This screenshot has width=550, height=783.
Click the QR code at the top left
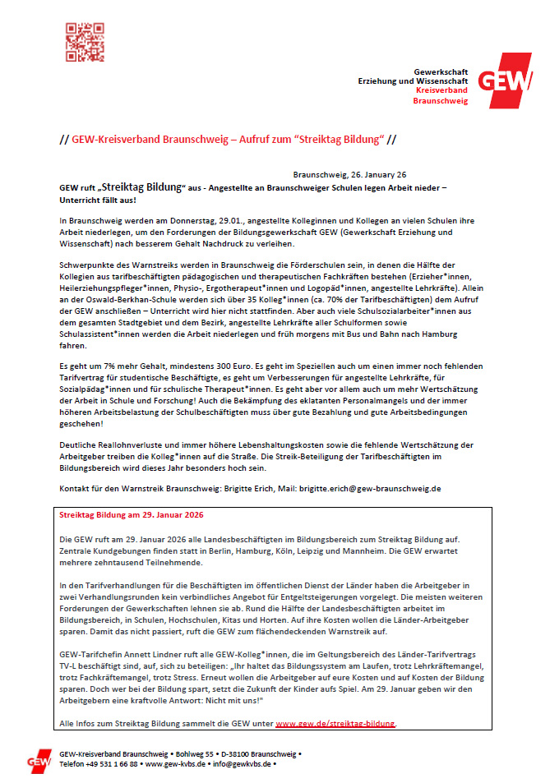85,42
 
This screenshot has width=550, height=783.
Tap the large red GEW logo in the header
503,80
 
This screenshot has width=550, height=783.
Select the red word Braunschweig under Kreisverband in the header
441,101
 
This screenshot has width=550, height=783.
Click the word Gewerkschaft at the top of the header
441,71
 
